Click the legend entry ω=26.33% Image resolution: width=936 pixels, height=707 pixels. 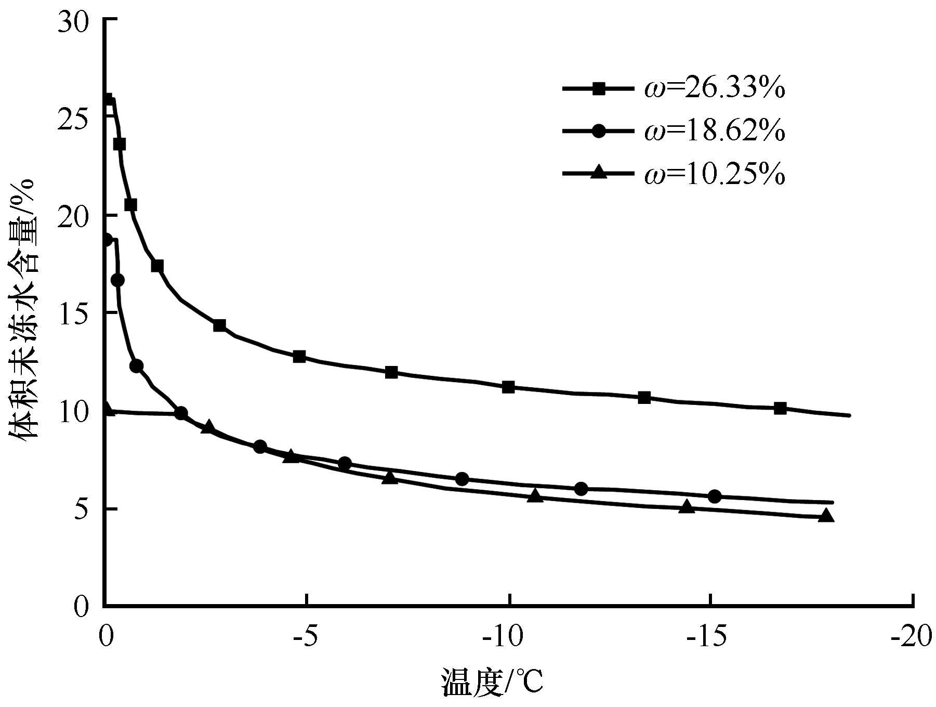tap(714, 89)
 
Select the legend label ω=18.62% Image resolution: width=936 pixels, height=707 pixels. tap(714, 132)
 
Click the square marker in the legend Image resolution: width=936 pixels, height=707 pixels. tap(599, 89)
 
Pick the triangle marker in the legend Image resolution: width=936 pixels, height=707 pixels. tap(599, 173)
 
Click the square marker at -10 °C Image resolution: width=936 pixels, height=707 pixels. tap(509, 387)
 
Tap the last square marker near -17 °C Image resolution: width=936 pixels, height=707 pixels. tap(780, 408)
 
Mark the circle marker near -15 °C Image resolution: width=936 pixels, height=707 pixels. tap(715, 496)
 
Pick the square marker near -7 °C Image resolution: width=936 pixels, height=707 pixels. tap(391, 372)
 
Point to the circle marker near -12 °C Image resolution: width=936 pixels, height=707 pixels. tap(582, 489)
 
